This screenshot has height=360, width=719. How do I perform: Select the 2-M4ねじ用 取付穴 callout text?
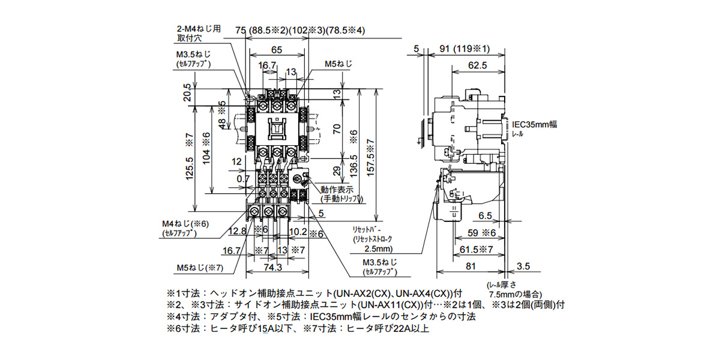196,33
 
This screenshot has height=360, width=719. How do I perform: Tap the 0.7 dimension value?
242,179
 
